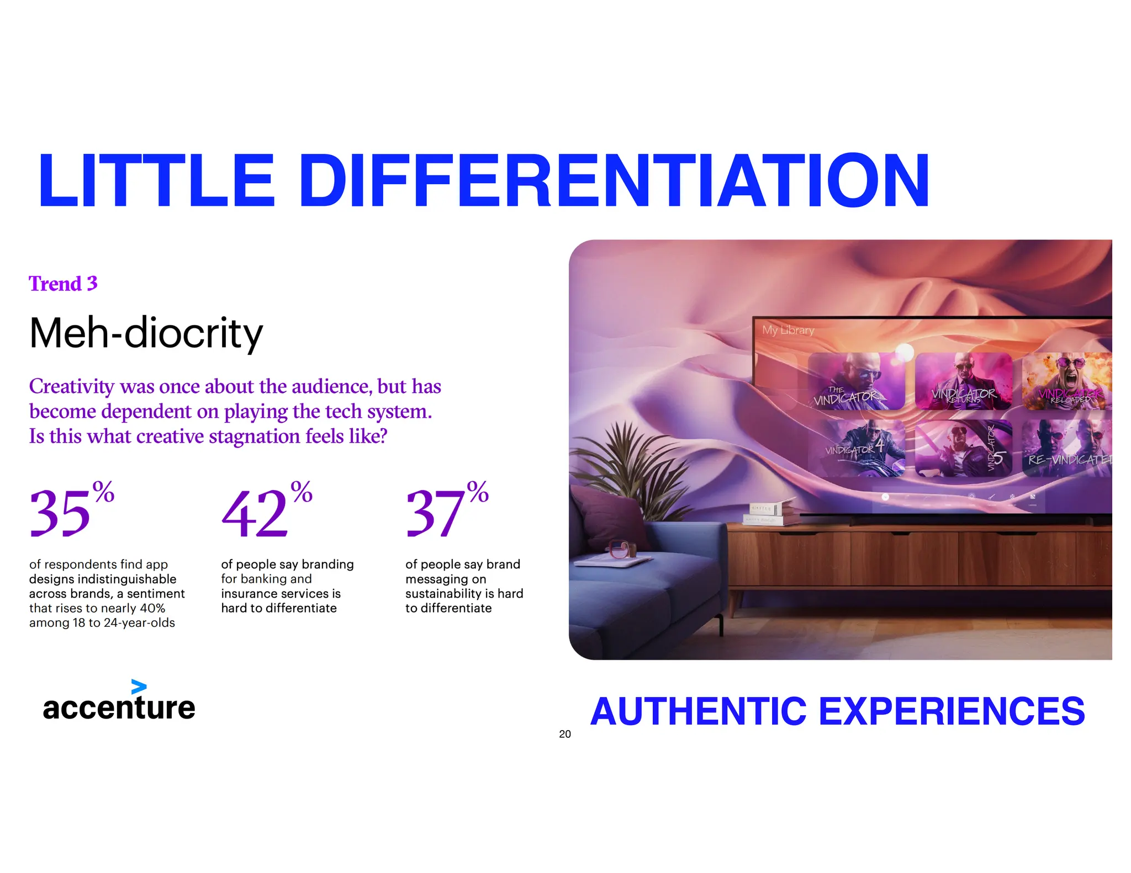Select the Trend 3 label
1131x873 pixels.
coord(63,284)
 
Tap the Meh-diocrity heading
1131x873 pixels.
coord(146,333)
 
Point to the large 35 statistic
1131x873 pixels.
coord(60,513)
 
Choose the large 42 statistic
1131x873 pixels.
coord(255,513)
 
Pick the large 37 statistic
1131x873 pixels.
coord(435,513)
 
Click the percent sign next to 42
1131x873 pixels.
coord(302,492)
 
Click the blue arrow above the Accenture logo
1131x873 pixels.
coord(139,687)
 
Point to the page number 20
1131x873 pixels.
coord(564,734)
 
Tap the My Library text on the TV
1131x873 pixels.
coord(788,330)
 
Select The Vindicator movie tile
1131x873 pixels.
coord(855,381)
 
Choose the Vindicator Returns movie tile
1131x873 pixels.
coord(963,381)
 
